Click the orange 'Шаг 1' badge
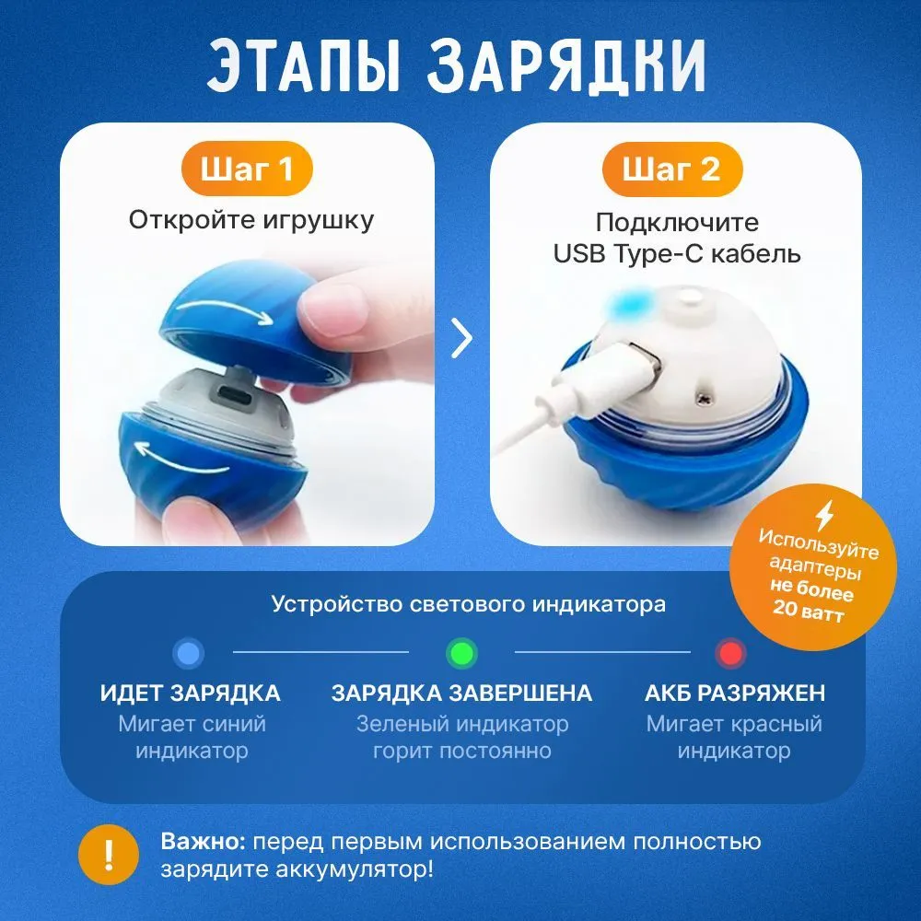pos(247,169)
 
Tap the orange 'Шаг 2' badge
pos(672,169)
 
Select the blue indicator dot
pos(189,653)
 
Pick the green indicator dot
pos(461,653)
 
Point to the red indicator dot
pos(731,653)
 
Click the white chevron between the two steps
pos(461,338)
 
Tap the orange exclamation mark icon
pos(109,855)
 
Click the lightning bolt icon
pos(824,516)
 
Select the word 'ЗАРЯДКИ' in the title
pos(566,65)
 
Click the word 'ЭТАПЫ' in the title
pos(304,65)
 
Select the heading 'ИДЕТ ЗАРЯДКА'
pos(191,694)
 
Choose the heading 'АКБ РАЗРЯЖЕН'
pos(735,694)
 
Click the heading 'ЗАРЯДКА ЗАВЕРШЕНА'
pos(461,694)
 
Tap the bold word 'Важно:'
pos(204,841)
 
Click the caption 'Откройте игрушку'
pos(251,220)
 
